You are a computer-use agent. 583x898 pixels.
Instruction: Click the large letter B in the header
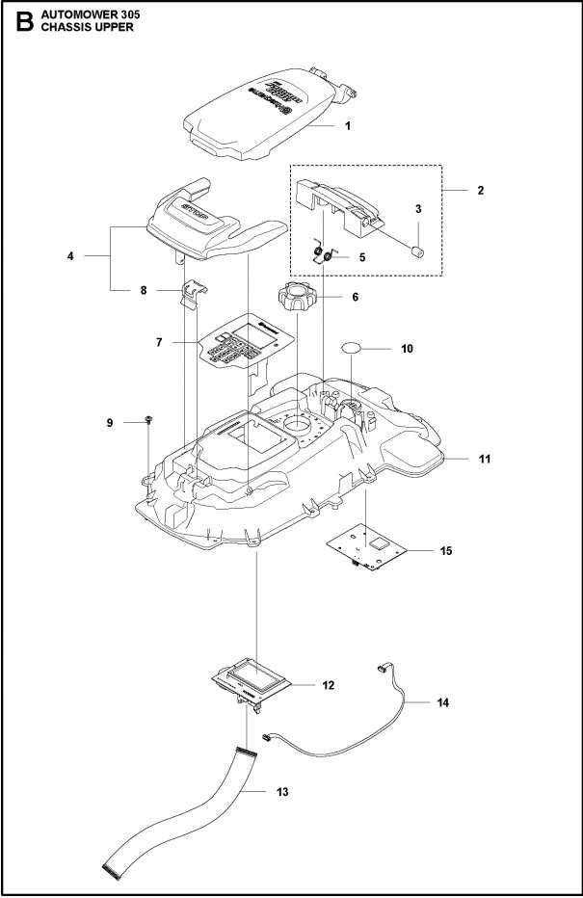tap(20, 22)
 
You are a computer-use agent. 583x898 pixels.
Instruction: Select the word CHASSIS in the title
tap(65, 27)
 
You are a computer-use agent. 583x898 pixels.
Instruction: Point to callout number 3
tap(418, 209)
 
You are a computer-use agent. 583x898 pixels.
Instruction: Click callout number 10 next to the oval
tap(407, 349)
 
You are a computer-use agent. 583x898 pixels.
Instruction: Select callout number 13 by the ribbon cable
tap(282, 792)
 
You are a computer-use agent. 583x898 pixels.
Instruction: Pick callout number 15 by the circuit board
tap(445, 550)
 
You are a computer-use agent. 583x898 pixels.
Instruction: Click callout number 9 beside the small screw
tap(109, 422)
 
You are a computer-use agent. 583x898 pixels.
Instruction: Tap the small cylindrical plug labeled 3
tap(418, 253)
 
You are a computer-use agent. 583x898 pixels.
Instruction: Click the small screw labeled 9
tap(149, 420)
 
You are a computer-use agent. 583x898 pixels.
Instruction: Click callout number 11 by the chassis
tap(484, 460)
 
